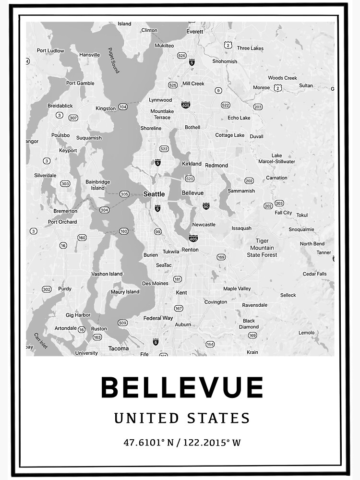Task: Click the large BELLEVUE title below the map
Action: pos(182,387)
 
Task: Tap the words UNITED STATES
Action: pos(182,418)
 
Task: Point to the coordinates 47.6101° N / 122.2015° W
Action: pos(182,442)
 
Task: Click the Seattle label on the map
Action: pos(154,194)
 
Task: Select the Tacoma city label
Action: pos(119,348)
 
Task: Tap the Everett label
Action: pos(195,31)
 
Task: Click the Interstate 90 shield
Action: pos(206,206)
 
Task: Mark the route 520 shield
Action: pos(190,179)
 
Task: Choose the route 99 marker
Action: pos(157,232)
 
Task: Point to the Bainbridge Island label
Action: pos(98,185)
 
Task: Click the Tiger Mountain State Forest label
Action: pos(262,248)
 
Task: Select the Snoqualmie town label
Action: pos(301,229)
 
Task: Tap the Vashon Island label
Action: pos(107,274)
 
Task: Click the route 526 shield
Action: pos(181,56)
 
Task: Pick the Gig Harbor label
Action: pos(79,315)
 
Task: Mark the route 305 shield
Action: pos(124,194)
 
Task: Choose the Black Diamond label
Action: pos(249,324)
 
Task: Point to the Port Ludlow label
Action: pos(50,50)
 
